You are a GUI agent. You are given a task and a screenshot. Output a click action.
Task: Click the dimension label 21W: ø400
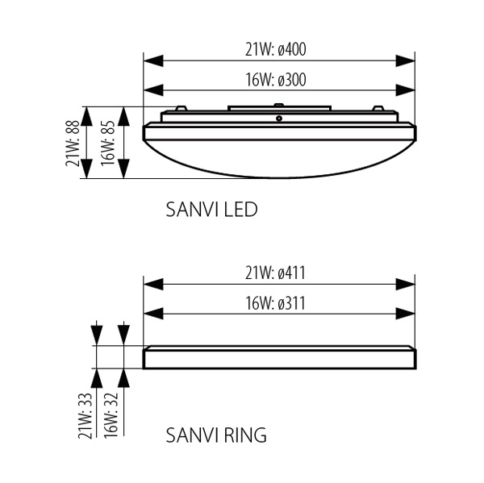point(277,50)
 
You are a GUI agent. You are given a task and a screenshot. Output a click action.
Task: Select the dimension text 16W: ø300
point(277,79)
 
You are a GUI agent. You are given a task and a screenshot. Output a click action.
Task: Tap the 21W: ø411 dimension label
point(277,273)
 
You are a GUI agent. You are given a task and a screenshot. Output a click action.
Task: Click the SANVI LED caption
point(211,210)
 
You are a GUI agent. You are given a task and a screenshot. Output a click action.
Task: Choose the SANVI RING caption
point(216,436)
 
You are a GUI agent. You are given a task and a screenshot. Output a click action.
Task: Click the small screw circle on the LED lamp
point(278,119)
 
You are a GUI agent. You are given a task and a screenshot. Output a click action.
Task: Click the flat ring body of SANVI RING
point(278,358)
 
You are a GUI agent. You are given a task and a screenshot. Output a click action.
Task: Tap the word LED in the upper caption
point(240,210)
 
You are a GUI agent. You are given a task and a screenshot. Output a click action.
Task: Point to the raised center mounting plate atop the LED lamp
point(278,109)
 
